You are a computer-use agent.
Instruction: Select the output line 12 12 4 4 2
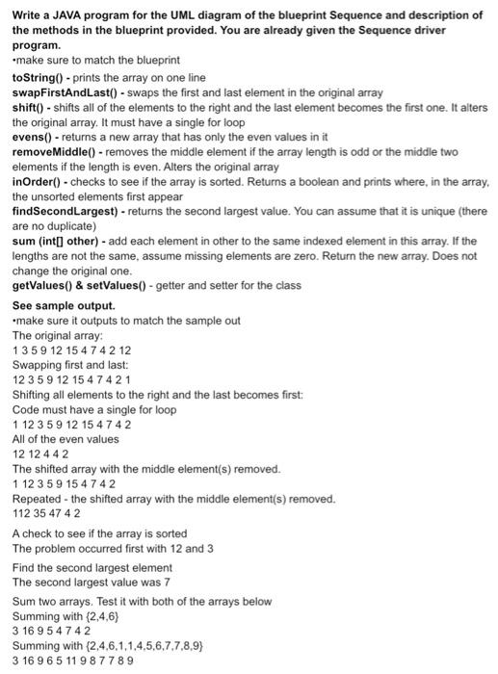(x=39, y=454)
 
